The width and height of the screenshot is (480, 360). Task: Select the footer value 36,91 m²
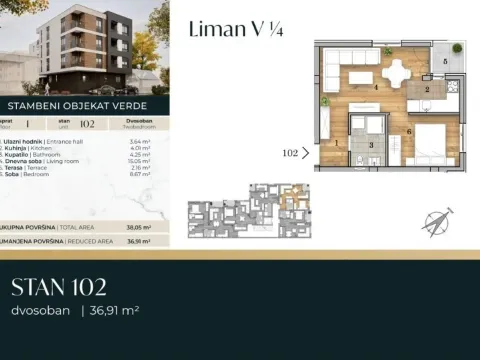tap(112, 311)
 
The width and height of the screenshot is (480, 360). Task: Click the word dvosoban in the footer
tap(39, 311)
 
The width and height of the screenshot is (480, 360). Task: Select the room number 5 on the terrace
tap(445, 62)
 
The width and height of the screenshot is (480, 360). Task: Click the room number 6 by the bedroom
tap(410, 131)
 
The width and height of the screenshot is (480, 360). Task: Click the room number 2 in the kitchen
tap(426, 90)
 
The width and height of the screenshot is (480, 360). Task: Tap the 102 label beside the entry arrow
tap(291, 154)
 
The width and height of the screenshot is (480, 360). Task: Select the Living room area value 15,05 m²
tap(140, 160)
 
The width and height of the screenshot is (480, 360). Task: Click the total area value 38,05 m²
tap(139, 227)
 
